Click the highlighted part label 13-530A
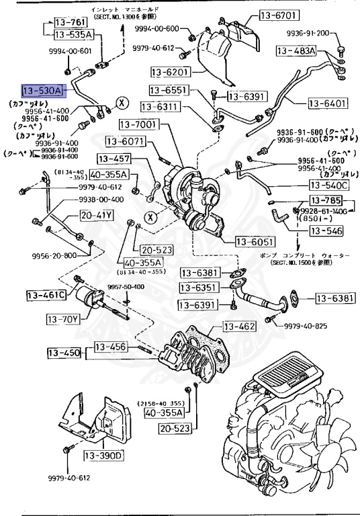[42, 89]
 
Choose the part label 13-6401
[329, 103]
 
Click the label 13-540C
[329, 185]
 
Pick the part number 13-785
[325, 200]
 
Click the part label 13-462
[239, 327]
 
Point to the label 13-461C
[46, 295]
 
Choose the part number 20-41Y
[97, 216]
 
